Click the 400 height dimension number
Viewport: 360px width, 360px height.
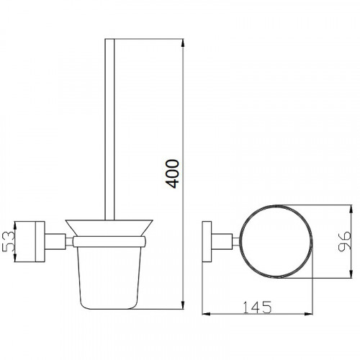[173, 174]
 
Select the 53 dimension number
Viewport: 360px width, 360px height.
[9, 241]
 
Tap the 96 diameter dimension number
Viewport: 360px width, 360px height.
[344, 241]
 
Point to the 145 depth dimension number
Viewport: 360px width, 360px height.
[257, 307]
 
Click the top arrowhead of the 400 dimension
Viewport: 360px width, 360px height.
[183, 43]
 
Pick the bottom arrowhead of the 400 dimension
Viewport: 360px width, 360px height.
[183, 305]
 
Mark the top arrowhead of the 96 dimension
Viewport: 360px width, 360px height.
[351, 210]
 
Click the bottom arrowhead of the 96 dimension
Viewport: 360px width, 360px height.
[351, 274]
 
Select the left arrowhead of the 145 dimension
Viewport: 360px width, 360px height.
[207, 314]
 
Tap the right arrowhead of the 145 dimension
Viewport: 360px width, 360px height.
[309, 314]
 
